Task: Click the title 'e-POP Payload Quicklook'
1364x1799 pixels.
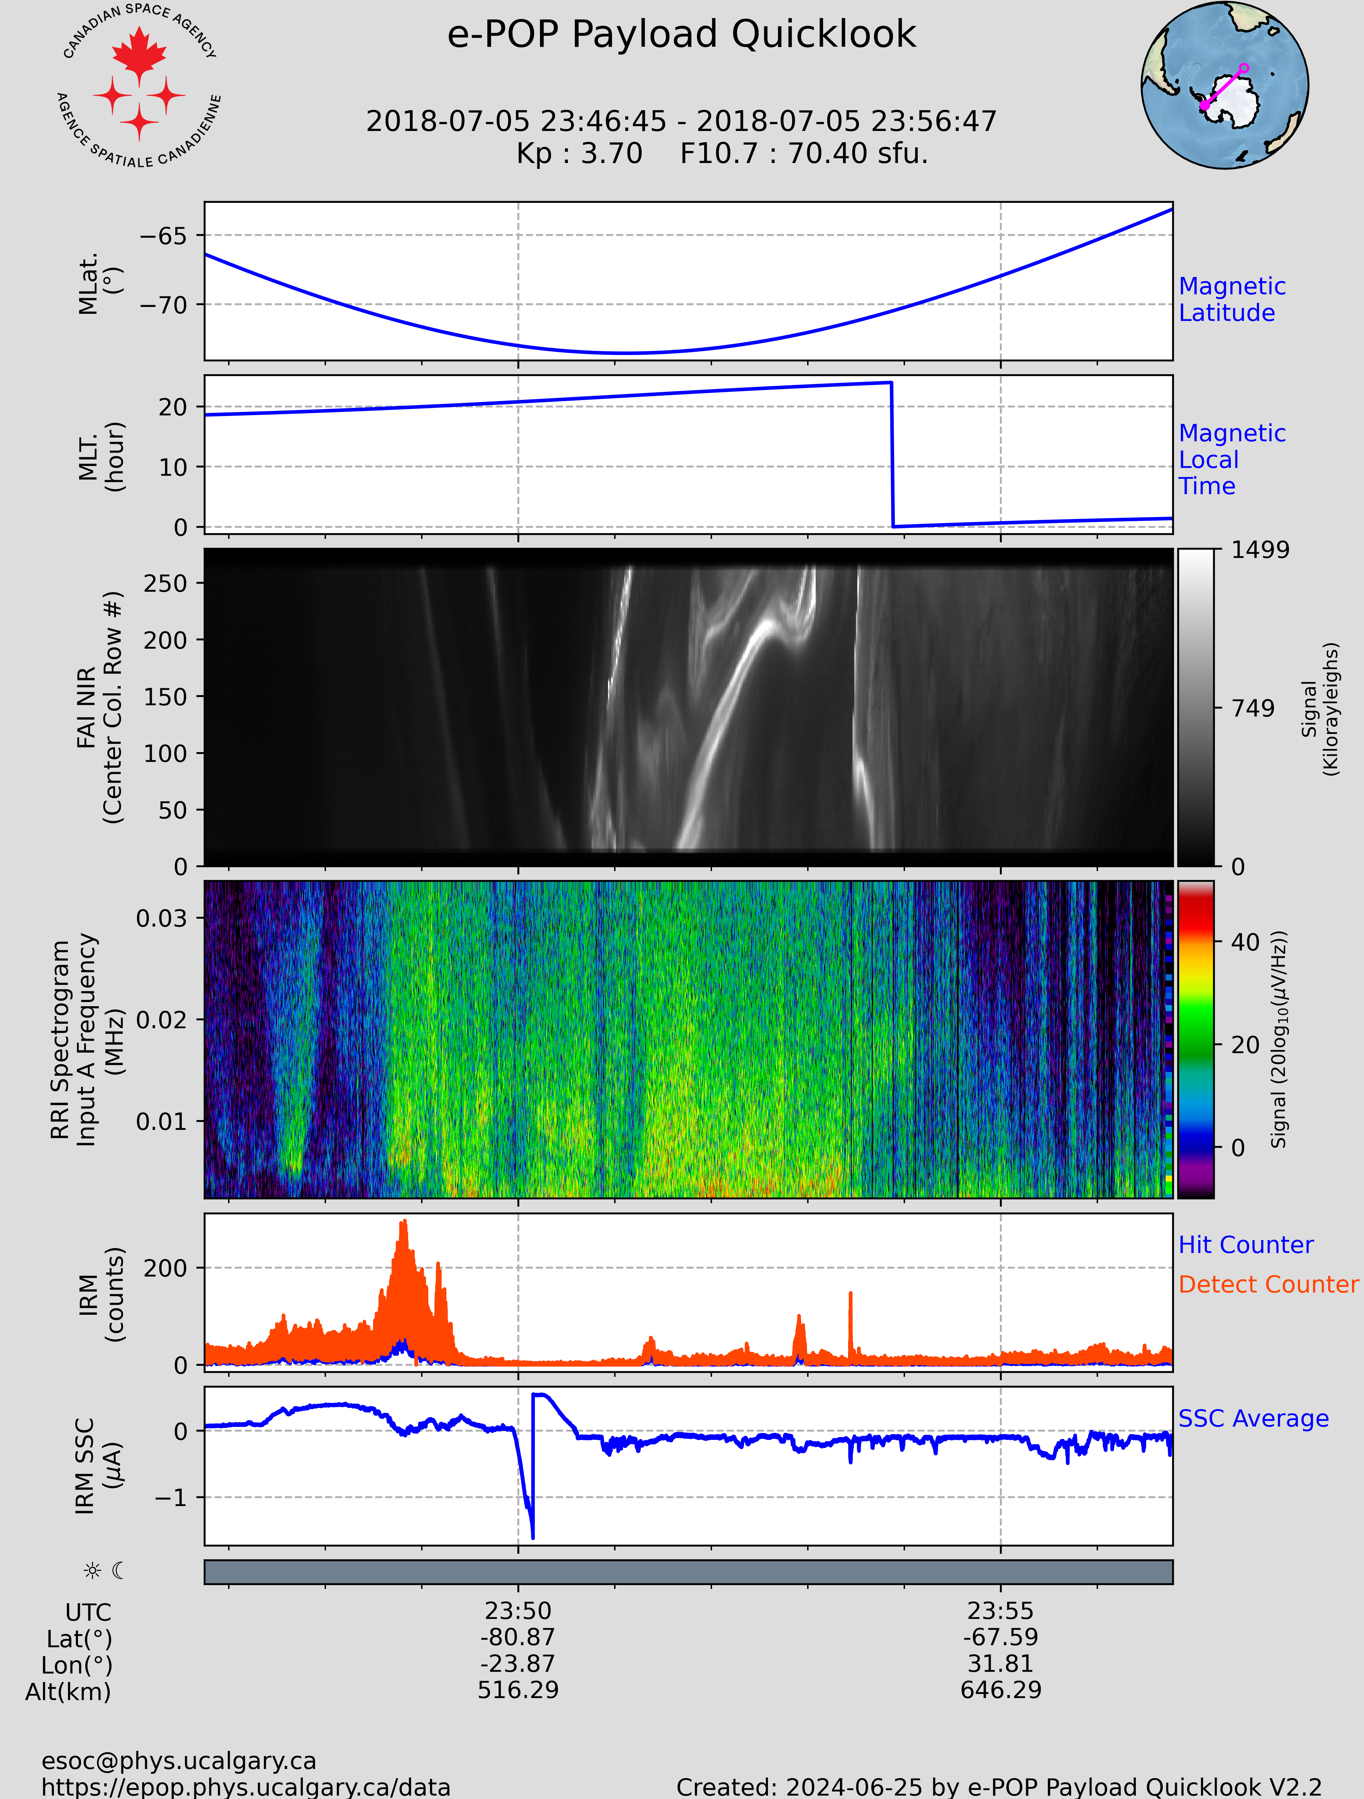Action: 682,35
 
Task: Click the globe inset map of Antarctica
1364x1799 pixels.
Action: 1224,85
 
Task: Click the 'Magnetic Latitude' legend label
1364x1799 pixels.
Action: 1231,299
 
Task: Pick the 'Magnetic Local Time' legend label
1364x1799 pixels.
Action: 1231,459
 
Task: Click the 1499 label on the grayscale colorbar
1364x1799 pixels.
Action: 1260,550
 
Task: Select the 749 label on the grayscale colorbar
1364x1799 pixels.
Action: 1252,708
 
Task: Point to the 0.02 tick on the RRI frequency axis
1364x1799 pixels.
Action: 161,1020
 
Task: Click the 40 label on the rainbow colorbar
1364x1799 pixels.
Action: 1244,943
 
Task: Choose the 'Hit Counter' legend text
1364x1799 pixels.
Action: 1245,1245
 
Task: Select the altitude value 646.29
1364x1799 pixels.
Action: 1000,1690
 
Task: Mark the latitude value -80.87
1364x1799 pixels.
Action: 518,1637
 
